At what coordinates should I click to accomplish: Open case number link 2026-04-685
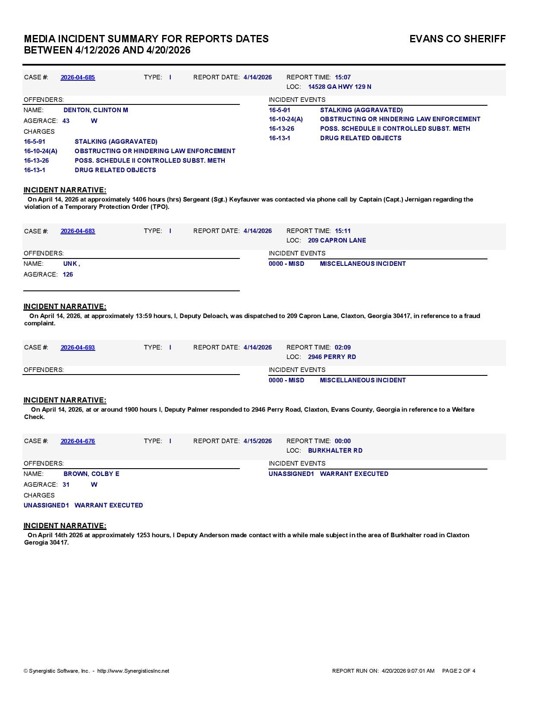coord(78,77)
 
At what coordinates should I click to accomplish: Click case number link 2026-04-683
coord(78,231)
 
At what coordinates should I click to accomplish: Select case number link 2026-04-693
coord(78,347)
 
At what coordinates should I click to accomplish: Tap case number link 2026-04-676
coord(78,441)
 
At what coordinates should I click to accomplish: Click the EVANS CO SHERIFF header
coord(457,39)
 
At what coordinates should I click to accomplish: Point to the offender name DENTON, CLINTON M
coord(96,110)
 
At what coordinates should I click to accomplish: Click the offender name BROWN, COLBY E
coord(91,474)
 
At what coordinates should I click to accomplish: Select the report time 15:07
coord(343,77)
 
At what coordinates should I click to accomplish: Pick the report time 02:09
coord(343,347)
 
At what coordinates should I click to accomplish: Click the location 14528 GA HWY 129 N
coord(339,87)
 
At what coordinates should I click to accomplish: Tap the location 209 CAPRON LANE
coord(337,240)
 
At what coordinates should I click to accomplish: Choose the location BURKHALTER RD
coord(335,451)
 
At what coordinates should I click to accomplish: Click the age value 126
coord(68,274)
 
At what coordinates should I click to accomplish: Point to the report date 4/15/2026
coord(258,441)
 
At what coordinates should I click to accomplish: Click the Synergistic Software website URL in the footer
coord(133,671)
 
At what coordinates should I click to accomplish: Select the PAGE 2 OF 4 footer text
coord(459,671)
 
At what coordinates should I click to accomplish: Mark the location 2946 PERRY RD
coord(332,357)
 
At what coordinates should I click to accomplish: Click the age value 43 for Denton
coord(66,121)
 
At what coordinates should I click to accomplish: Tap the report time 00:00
coord(343,441)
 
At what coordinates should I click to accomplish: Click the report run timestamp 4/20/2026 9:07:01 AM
coord(408,671)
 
